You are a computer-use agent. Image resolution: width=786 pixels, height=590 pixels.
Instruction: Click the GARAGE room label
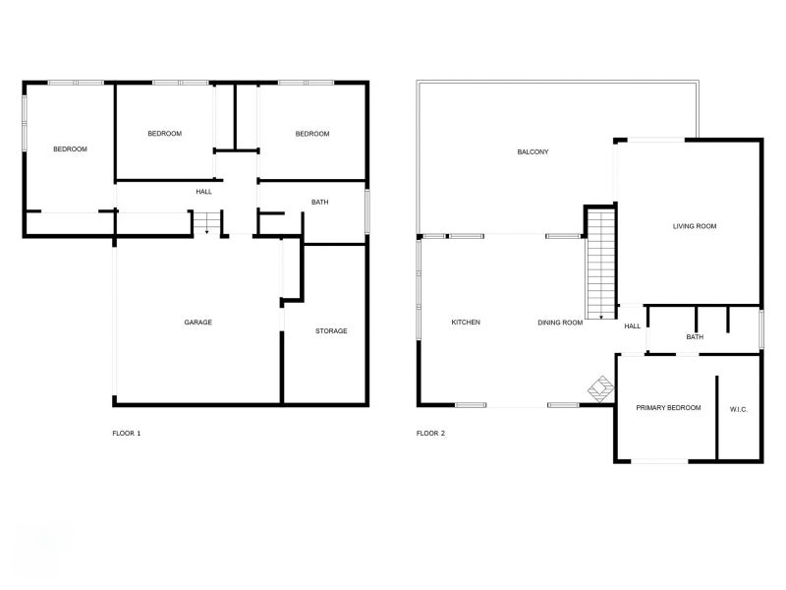(x=197, y=323)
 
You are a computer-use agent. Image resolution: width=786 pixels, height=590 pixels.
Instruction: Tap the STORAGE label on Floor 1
(x=331, y=331)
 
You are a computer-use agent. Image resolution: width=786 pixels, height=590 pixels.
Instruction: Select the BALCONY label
(x=533, y=152)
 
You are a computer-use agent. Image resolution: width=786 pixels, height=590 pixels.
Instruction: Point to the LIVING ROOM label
(x=695, y=226)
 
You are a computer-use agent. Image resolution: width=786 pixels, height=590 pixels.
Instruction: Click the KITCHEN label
(x=466, y=323)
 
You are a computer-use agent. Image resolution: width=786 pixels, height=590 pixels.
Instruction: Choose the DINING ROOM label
(x=560, y=323)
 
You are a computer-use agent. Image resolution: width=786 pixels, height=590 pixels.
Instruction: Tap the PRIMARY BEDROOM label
(x=668, y=407)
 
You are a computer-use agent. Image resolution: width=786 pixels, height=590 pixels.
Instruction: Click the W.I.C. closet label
(x=739, y=408)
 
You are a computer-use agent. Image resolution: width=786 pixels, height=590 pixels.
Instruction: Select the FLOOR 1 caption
(x=127, y=433)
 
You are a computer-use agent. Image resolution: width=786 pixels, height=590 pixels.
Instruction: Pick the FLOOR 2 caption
(x=430, y=433)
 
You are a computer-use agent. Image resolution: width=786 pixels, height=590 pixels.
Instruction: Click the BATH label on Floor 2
(x=695, y=337)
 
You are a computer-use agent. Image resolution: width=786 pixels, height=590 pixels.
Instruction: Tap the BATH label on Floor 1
(x=319, y=203)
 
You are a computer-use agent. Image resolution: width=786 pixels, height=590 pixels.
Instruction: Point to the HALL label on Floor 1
(x=203, y=192)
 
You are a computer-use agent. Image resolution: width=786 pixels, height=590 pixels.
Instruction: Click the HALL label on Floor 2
(x=632, y=326)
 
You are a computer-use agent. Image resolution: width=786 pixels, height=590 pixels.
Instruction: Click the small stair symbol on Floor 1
(x=205, y=223)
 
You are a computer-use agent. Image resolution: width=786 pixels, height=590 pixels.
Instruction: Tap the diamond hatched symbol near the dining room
(x=599, y=389)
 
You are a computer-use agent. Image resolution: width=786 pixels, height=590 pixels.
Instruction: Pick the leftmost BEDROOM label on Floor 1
(x=70, y=149)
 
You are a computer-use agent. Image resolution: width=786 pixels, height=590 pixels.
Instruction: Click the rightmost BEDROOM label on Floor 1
(x=311, y=134)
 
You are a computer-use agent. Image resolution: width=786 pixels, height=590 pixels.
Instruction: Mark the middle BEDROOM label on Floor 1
(x=164, y=134)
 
